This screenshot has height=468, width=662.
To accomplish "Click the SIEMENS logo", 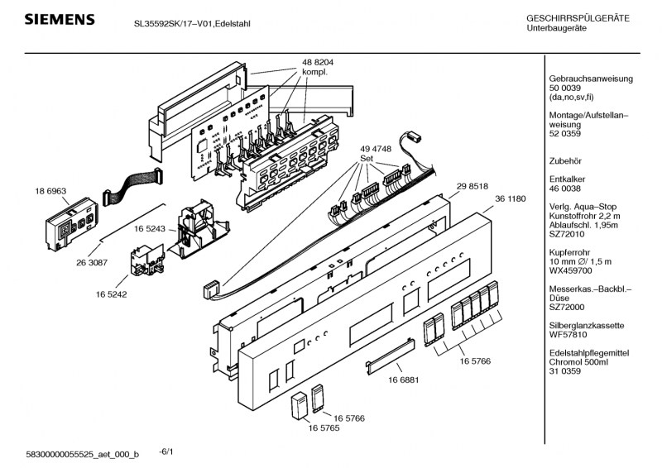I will coord(58,19).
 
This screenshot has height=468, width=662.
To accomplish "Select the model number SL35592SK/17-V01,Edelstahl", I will coord(192,22).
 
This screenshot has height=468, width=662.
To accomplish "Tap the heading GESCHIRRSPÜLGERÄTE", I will coord(578,18).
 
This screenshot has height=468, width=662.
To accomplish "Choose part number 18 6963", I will coord(50,191).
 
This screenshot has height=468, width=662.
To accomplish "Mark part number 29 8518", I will coord(471,187).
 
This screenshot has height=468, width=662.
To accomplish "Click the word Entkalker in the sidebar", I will coord(568,179).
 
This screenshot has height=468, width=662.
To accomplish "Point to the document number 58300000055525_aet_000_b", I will coord(82,455).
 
